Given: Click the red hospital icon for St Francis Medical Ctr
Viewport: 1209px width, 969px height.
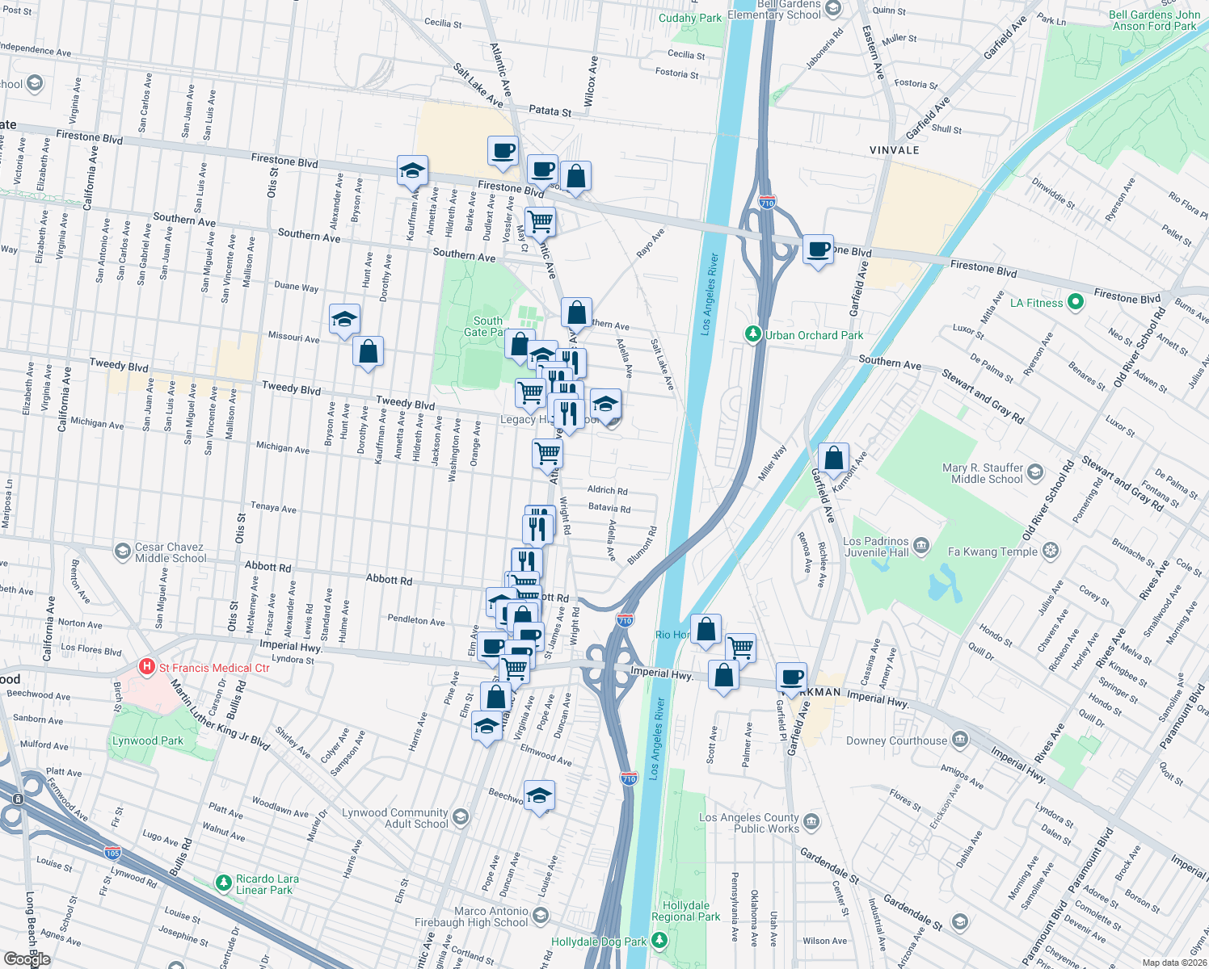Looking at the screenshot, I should pos(147,667).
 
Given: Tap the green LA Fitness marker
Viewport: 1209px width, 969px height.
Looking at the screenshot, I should pos(1075,303).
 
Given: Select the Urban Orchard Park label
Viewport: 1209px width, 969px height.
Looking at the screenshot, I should pos(814,335).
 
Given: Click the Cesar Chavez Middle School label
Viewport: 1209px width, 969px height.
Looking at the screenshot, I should pos(171,552).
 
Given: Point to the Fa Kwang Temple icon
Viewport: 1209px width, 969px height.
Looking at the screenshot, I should pos(1050,552).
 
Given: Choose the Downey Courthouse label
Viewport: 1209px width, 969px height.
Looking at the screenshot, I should pos(896,740).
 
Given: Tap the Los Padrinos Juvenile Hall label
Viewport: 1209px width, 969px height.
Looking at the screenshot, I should pos(876,547).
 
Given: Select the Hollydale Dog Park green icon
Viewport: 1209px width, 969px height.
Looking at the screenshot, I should pos(660,941).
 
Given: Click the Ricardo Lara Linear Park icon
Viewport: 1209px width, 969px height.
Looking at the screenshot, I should pos(224,883).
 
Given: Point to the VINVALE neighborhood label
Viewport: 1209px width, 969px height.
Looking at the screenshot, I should pos(894,150).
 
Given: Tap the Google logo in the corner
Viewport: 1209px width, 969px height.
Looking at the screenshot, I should pos(27,959).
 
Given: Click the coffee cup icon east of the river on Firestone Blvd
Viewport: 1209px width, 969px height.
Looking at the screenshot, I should pos(818,249).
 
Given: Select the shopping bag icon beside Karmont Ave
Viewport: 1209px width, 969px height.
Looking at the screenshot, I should pos(833,459).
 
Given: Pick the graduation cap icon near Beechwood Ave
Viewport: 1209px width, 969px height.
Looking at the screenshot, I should pos(539,795).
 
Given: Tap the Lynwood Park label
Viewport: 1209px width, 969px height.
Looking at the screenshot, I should pos(148,740).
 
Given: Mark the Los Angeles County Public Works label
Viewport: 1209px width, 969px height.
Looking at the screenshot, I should pos(748,823).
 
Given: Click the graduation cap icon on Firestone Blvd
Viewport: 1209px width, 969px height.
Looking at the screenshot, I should pos(412,170).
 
